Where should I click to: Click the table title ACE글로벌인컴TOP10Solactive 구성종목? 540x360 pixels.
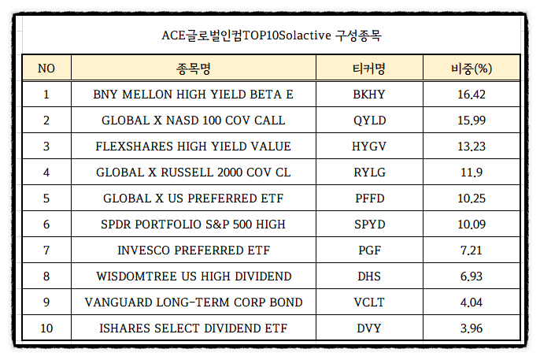pyautogui.click(x=270, y=35)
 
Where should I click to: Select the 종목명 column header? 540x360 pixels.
pyautogui.click(x=194, y=68)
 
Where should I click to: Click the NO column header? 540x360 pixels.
pyautogui.click(x=46, y=68)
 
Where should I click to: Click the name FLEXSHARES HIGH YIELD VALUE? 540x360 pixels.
pyautogui.click(x=194, y=147)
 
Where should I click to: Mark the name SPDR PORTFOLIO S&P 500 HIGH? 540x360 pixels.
pyautogui.click(x=194, y=225)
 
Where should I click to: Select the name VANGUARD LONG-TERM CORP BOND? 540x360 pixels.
pyautogui.click(x=194, y=302)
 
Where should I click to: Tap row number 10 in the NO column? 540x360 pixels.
pyautogui.click(x=46, y=328)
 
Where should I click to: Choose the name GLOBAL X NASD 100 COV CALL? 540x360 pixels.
pyautogui.click(x=194, y=121)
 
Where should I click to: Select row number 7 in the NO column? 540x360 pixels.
pyautogui.click(x=46, y=251)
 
